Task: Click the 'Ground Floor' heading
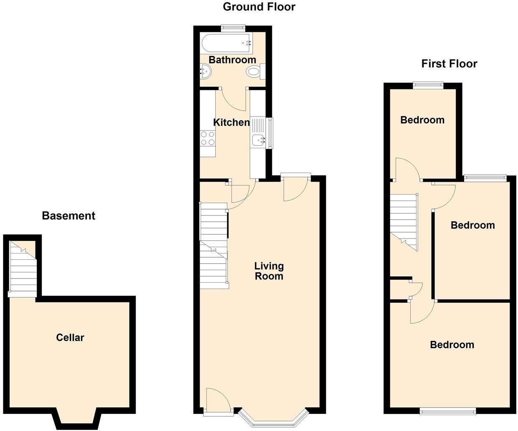(259, 7)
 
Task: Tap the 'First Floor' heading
(449, 64)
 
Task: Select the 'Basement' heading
(69, 216)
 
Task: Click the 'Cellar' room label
(70, 337)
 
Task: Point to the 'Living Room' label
(269, 271)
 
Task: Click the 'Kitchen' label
(231, 122)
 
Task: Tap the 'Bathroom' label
(232, 60)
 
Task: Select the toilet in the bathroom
(254, 71)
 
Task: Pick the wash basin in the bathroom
(206, 71)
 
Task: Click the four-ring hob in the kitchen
(208, 138)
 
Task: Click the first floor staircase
(404, 221)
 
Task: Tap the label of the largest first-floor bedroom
(452, 345)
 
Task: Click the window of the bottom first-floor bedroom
(448, 411)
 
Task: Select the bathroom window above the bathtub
(233, 28)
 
